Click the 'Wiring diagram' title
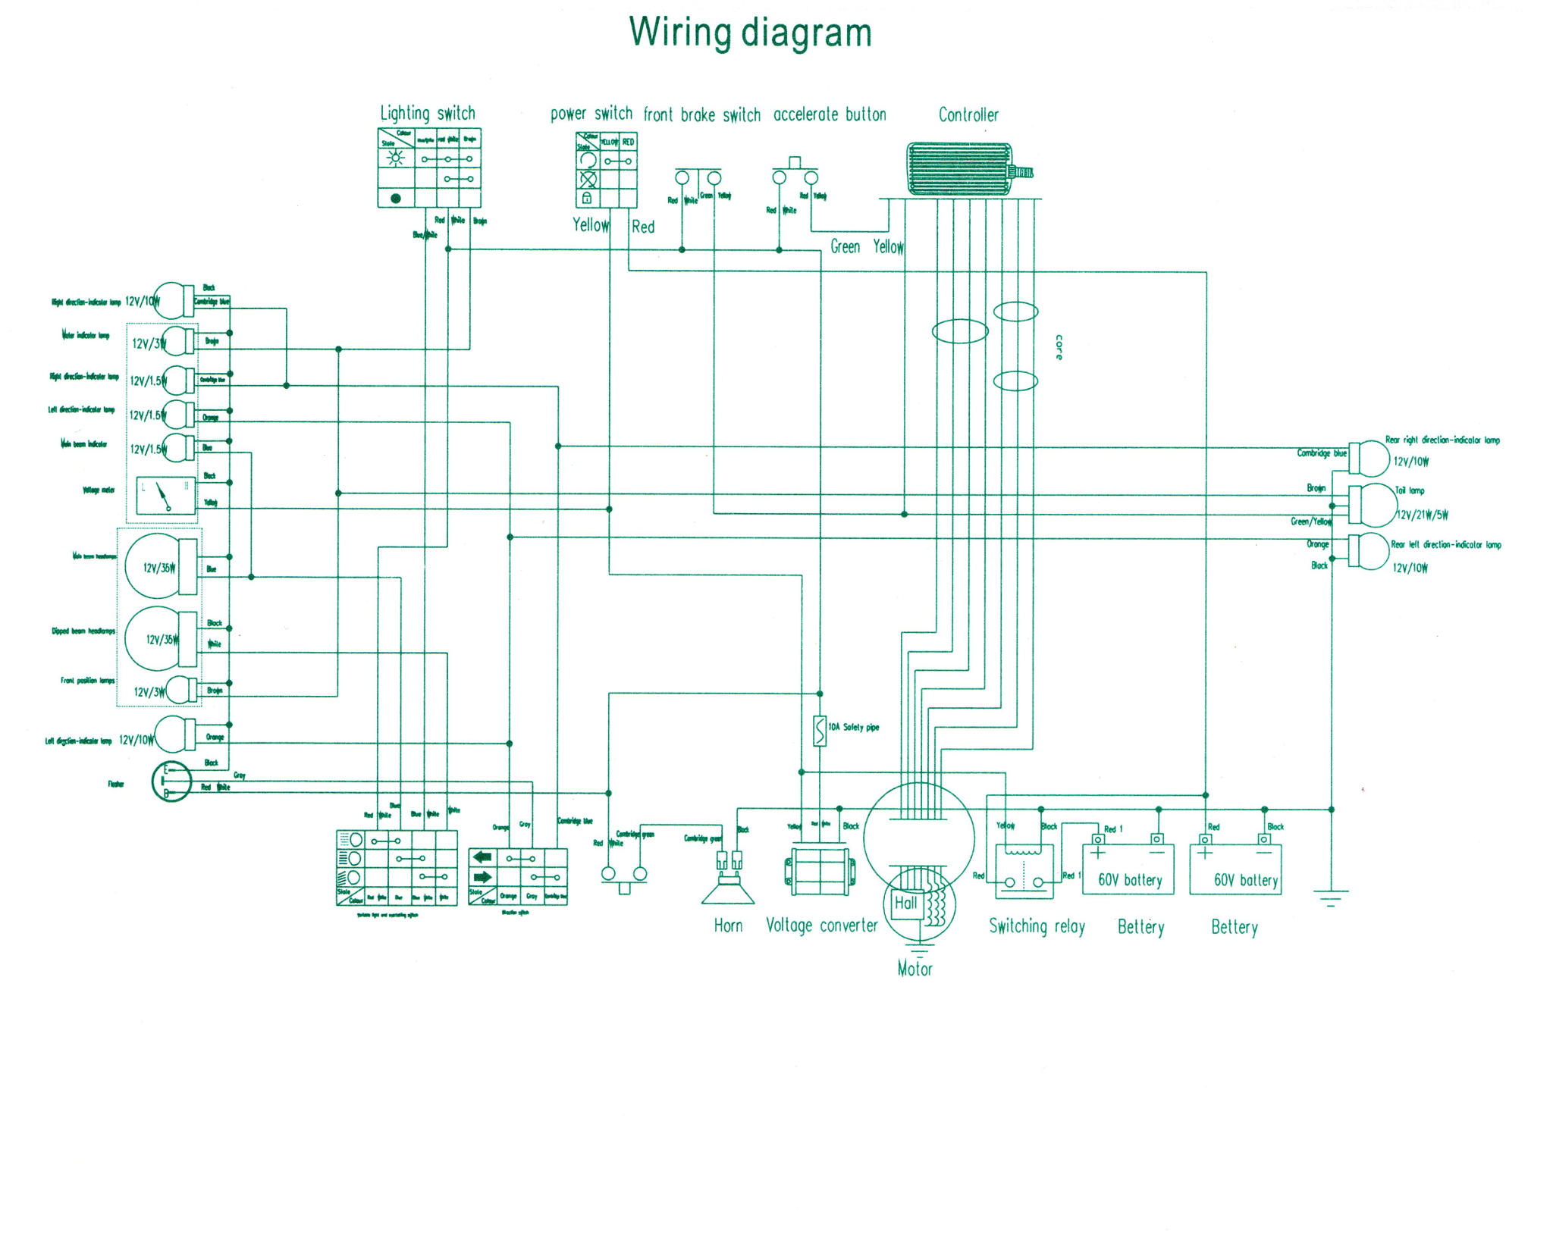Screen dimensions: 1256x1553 click(750, 33)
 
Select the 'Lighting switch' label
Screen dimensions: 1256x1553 click(428, 114)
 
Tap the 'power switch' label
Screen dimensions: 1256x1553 click(591, 114)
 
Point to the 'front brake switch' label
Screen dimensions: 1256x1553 click(701, 115)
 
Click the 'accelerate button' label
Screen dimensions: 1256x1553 click(830, 115)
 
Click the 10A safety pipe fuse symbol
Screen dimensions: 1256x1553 click(820, 731)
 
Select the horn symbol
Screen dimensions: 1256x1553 click(728, 887)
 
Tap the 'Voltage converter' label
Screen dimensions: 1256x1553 click(821, 926)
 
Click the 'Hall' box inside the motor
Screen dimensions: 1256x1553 click(905, 903)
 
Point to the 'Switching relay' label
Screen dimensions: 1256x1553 click(1037, 926)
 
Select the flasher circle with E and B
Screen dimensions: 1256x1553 click(171, 781)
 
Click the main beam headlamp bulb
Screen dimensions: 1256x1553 click(155, 566)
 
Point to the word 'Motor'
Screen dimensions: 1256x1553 click(915, 968)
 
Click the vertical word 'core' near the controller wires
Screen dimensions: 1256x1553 click(1059, 347)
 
